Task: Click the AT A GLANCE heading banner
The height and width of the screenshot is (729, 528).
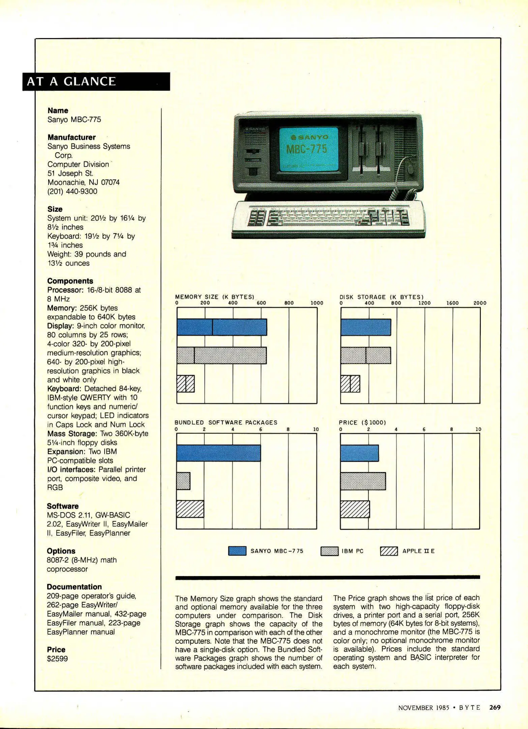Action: tap(96, 81)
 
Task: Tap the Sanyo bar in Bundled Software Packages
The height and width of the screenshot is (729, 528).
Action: tap(218, 453)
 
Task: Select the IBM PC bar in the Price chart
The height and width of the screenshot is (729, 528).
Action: tap(363, 481)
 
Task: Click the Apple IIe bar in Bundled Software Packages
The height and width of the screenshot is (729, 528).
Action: tap(190, 509)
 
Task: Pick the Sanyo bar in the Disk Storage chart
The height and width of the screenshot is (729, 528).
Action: tap(366, 327)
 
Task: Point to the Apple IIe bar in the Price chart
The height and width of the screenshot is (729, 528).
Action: tap(355, 509)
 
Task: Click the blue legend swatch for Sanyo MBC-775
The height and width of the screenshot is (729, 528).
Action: tap(237, 551)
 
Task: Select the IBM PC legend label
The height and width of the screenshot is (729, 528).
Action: tap(352, 551)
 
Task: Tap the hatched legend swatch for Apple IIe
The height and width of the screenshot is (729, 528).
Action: tap(389, 551)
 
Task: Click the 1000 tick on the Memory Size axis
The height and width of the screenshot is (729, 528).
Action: tap(317, 303)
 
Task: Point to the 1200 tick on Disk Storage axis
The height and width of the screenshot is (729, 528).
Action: tap(424, 303)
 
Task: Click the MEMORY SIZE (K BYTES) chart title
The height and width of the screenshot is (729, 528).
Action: tap(214, 297)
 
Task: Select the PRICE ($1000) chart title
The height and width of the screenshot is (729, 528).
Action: tap(362, 423)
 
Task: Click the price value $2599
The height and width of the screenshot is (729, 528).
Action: tap(57, 658)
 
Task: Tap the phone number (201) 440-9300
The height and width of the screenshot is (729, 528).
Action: tap(72, 191)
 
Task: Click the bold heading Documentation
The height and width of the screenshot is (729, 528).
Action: tap(74, 587)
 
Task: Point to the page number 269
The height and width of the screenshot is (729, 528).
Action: tap(495, 707)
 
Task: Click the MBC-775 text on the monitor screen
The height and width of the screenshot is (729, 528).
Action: tap(306, 148)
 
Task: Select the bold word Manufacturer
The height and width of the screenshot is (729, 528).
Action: tap(71, 137)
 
